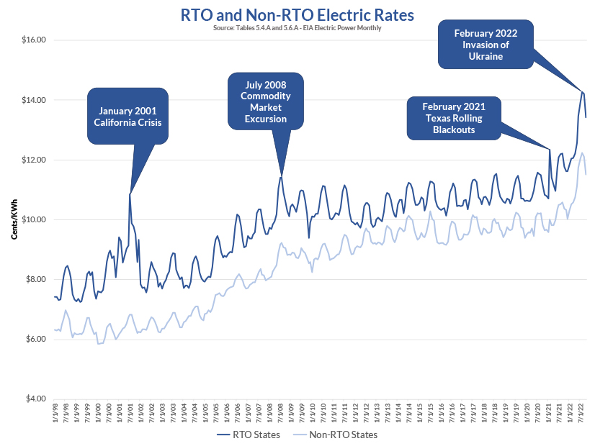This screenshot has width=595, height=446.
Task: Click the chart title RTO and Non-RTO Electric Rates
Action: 297,14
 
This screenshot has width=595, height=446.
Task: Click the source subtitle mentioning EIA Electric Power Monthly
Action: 297,27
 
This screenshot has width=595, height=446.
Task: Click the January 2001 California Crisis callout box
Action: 127,116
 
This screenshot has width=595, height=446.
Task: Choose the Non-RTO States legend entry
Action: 336,434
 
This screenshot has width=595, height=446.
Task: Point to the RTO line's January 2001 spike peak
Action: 130,194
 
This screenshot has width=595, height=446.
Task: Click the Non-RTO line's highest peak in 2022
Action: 583,153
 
